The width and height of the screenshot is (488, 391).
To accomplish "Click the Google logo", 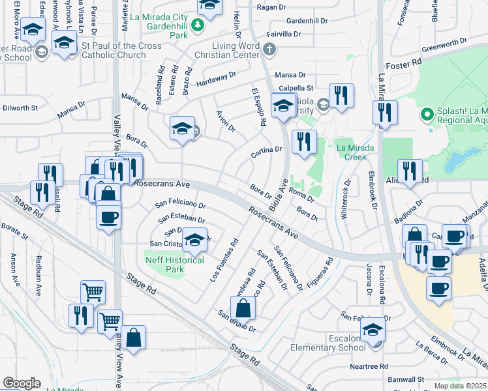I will click(22, 383).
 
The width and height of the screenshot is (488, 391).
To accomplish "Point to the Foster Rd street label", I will click(404, 66).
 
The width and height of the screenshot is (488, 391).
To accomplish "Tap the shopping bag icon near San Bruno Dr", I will click(243, 308).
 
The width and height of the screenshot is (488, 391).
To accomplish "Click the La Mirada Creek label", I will click(356, 152).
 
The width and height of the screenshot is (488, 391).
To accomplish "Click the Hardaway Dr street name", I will click(216, 80).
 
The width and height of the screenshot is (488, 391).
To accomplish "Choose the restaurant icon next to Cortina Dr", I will click(304, 142).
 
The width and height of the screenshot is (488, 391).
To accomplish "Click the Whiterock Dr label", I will click(346, 199).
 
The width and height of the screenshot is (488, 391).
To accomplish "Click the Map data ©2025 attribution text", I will click(461, 386).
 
